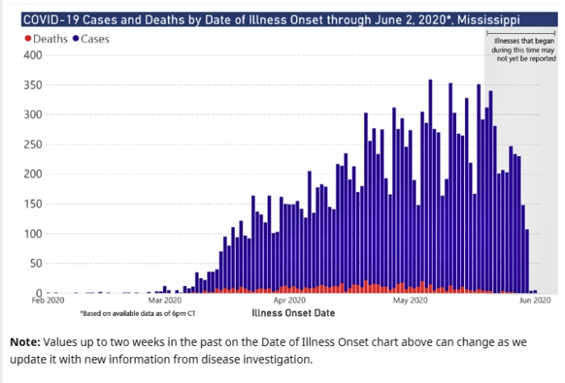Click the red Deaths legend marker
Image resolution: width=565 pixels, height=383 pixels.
click(x=27, y=38)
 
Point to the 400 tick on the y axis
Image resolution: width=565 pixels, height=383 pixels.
click(x=32, y=55)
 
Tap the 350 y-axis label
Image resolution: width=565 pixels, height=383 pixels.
click(x=32, y=85)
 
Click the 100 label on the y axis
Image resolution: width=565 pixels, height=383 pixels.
click(x=32, y=234)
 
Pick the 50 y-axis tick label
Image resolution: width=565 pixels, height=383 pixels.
click(x=35, y=263)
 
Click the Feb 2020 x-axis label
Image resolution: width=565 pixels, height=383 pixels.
click(x=48, y=301)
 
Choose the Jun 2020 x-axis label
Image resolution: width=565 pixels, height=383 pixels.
click(x=534, y=301)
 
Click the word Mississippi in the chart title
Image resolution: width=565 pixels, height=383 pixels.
click(x=513, y=17)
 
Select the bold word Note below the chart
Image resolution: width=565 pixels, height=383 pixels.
click(x=25, y=342)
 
